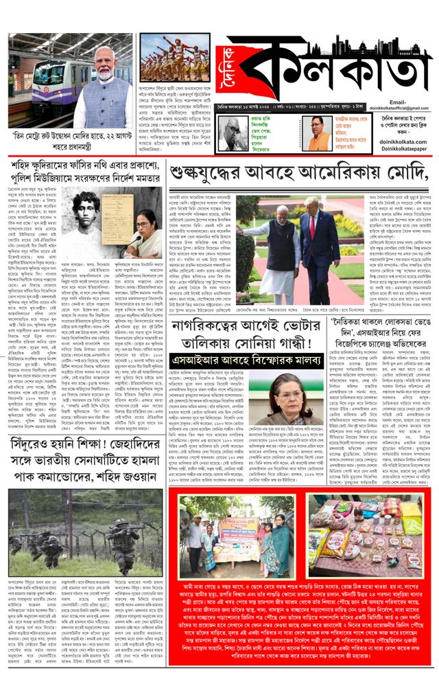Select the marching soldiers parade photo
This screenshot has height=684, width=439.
click(x=165, y=58)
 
